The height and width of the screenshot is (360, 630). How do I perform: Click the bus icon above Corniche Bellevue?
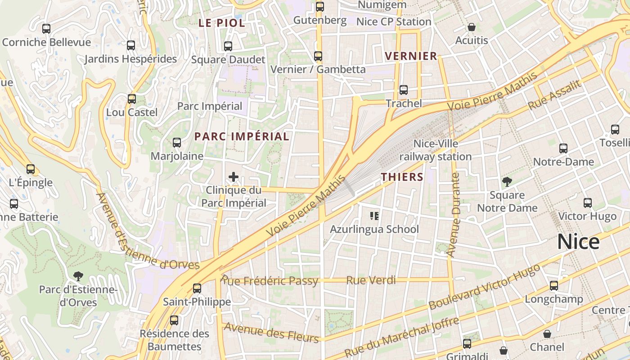[46, 29]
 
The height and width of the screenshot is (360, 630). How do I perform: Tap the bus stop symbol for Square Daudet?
[228, 46]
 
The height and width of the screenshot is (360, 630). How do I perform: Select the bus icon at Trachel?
[404, 90]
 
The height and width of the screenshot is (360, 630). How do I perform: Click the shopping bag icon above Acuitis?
[472, 27]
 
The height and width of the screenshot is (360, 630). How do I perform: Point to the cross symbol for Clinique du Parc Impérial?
[234, 177]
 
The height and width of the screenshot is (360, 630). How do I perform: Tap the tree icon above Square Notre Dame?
[507, 182]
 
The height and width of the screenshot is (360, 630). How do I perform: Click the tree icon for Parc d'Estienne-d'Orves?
[78, 276]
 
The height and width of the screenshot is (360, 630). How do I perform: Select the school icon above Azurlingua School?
[374, 216]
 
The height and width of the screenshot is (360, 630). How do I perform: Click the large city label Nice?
[578, 242]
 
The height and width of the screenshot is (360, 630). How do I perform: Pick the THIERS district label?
[402, 177]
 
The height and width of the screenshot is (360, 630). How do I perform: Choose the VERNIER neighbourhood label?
[411, 56]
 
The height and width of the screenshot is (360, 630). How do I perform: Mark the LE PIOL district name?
[222, 23]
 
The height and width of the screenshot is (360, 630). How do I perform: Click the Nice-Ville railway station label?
[436, 150]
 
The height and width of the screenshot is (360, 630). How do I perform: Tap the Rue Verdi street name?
[371, 280]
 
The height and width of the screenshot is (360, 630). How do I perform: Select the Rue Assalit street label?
[554, 95]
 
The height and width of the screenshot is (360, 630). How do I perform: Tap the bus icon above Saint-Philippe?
[197, 288]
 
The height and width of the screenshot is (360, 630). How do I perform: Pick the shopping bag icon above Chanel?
[547, 334]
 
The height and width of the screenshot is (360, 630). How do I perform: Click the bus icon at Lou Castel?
[132, 99]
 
